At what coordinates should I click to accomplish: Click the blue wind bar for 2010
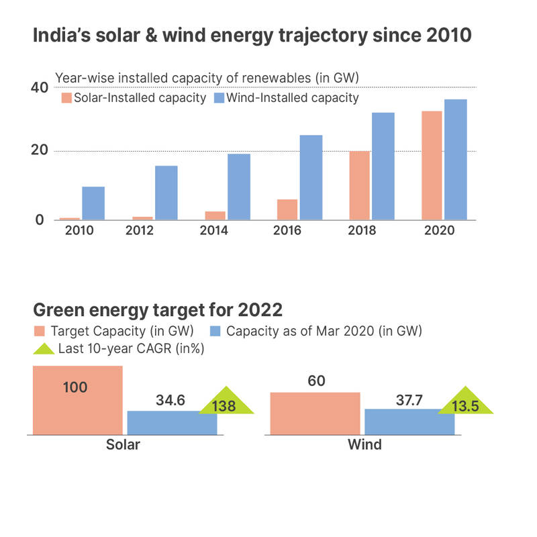click(x=93, y=203)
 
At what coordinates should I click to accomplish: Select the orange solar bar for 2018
click(x=359, y=185)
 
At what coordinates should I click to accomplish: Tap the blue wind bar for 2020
click(x=455, y=160)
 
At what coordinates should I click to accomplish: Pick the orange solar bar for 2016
click(x=287, y=209)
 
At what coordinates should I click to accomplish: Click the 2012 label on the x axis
click(x=140, y=230)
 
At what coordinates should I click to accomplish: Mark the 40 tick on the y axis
click(x=40, y=88)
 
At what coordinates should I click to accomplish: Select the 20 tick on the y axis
click(x=40, y=151)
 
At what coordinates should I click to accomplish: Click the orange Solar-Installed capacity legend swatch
click(x=66, y=99)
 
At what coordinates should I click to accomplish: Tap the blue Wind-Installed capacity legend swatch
click(x=218, y=99)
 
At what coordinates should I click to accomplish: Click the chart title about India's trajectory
click(x=252, y=36)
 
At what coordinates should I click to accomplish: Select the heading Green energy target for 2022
click(x=158, y=311)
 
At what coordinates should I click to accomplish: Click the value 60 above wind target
click(x=316, y=381)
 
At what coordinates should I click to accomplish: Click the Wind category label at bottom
click(x=364, y=444)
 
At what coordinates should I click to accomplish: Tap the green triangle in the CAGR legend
click(x=43, y=348)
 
